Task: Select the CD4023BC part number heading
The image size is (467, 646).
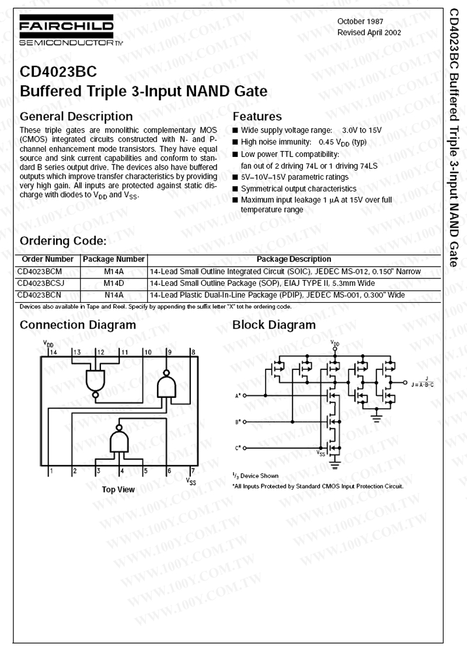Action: tap(58, 72)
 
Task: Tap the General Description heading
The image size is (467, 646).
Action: tap(76, 116)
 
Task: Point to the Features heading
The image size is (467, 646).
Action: tap(257, 116)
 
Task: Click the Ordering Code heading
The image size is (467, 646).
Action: tap(63, 241)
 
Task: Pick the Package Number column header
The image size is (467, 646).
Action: tap(114, 259)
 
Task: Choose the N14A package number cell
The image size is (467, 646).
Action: tap(114, 295)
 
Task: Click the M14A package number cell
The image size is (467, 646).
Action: tap(114, 271)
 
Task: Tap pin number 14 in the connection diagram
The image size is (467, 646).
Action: tap(53, 352)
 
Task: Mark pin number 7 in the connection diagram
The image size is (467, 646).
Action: tap(193, 470)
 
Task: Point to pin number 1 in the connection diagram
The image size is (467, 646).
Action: tap(52, 470)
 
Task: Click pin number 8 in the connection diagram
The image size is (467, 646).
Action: tap(193, 352)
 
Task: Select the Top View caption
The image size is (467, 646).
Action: tap(119, 490)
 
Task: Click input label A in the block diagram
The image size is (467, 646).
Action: tap(238, 395)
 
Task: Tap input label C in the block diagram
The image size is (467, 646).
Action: tap(238, 448)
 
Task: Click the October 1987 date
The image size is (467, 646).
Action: tap(361, 22)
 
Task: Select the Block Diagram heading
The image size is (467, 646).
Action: tap(274, 325)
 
